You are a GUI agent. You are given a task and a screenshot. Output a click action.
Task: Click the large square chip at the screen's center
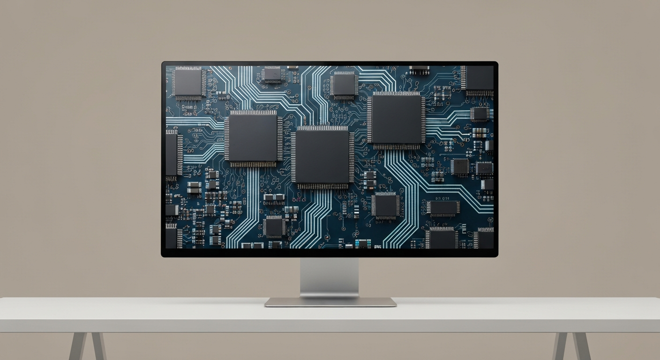coord(322,157)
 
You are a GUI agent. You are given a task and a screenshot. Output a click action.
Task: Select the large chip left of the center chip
coord(253,138)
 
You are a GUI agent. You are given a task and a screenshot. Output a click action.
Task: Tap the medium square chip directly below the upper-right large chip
coord(385,205)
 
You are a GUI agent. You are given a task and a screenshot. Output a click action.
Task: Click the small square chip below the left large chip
coord(273,226)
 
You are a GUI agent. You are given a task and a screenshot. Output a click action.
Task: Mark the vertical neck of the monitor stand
coord(329,277)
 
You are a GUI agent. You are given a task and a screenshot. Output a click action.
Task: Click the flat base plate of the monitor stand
coord(330,302)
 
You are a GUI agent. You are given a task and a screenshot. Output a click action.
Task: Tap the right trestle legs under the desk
coord(571,346)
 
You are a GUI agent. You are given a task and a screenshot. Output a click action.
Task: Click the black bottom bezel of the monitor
coord(329,253)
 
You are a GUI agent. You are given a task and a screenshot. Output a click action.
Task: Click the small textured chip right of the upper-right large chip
coord(479,113)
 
